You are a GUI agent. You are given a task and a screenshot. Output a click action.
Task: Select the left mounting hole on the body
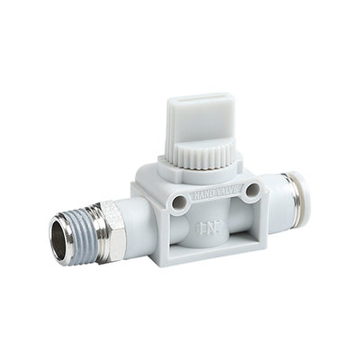pos(179,201)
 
